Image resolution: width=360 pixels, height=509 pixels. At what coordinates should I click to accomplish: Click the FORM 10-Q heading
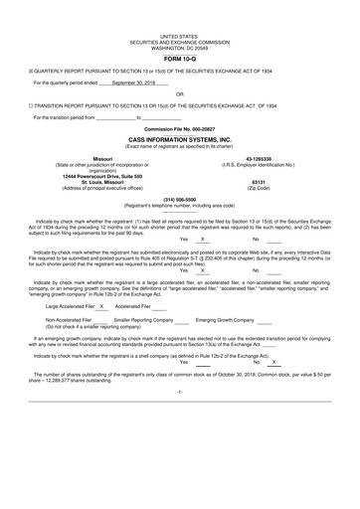pos(179,59)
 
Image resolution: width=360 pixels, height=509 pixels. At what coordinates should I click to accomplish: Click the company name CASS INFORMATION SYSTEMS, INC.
pos(179,140)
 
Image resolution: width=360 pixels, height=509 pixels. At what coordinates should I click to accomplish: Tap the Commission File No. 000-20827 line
pos(179,129)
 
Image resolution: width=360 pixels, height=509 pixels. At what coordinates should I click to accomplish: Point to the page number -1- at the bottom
pos(179,421)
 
